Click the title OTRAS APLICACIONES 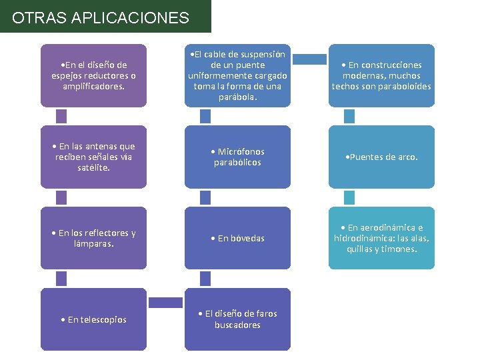101,17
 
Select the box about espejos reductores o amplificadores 93,75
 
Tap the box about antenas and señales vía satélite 93,157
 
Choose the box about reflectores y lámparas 93,238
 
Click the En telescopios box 93,319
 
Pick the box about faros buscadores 237,319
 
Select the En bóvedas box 237,238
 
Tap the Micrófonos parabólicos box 237,157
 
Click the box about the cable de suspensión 237,75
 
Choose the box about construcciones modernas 381,75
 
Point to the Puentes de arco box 381,157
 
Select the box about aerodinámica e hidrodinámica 381,238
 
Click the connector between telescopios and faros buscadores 165,303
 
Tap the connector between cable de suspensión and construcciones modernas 309,59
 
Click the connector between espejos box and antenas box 61,116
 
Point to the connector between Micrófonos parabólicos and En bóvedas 205,197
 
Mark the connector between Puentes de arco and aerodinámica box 349,197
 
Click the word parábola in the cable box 237,97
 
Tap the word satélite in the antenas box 93,168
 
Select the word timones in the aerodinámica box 400,249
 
